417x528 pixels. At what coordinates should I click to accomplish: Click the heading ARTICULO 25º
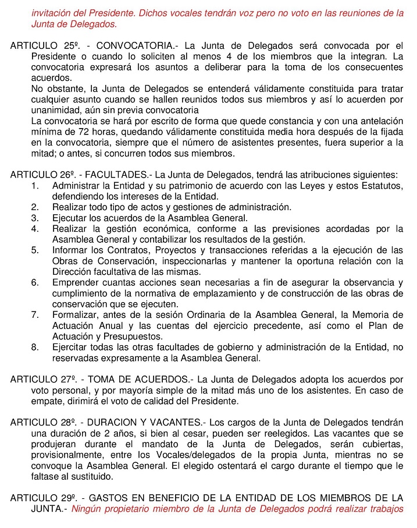42,46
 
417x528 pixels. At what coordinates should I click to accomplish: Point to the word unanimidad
55,111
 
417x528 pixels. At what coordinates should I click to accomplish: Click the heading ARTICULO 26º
42,175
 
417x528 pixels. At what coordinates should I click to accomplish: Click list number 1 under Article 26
35,186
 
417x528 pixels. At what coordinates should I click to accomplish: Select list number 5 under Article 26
35,250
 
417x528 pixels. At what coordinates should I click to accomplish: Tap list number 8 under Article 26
35,348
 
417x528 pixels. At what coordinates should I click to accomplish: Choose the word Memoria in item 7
372,316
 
